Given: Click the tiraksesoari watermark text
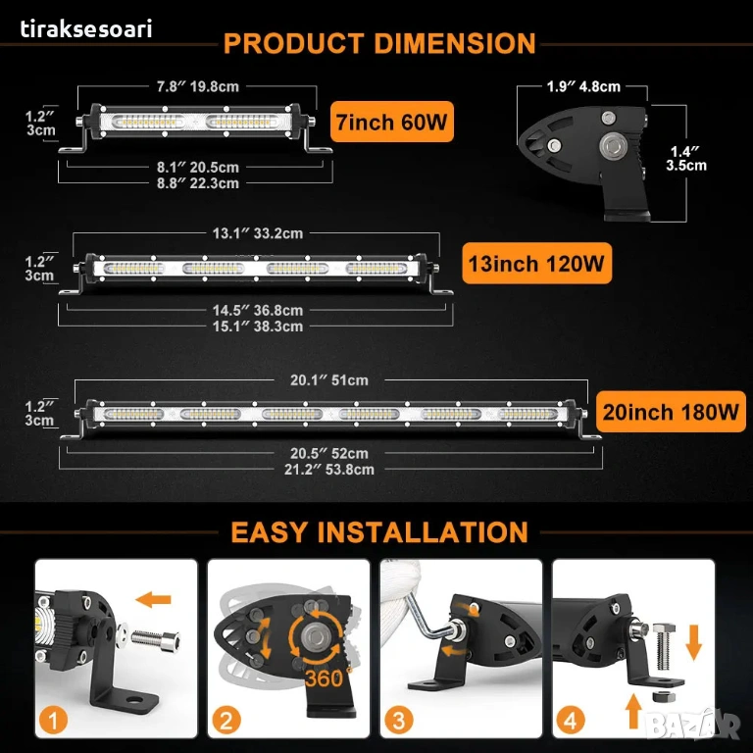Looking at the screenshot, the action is tap(86, 28).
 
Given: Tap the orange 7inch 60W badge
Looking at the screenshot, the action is tap(392, 122).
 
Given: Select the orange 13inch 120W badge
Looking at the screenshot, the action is tap(536, 263).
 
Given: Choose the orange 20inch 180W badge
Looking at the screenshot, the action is tap(671, 412).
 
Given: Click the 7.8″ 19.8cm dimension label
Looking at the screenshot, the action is tap(198, 87).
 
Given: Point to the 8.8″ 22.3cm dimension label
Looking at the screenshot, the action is tap(198, 183).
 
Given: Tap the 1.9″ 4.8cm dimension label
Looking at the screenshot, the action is tap(583, 87).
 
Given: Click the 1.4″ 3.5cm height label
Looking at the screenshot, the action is tap(686, 159).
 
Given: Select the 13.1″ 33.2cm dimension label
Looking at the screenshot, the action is tap(258, 234).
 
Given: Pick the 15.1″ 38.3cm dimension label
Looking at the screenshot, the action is tap(258, 326).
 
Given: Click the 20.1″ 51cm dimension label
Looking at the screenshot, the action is tap(329, 380).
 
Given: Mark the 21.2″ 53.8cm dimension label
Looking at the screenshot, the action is tap(329, 470).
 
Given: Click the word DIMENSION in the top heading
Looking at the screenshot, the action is tap(455, 44).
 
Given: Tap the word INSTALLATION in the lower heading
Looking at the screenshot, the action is tap(423, 532).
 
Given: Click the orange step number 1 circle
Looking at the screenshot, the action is tap(53, 721).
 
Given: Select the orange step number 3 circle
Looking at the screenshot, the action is tap(399, 721).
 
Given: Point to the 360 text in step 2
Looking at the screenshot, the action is tap(325, 678).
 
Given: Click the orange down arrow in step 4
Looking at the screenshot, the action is tap(694, 642).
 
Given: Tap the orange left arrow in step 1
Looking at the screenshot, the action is tap(153, 599).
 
